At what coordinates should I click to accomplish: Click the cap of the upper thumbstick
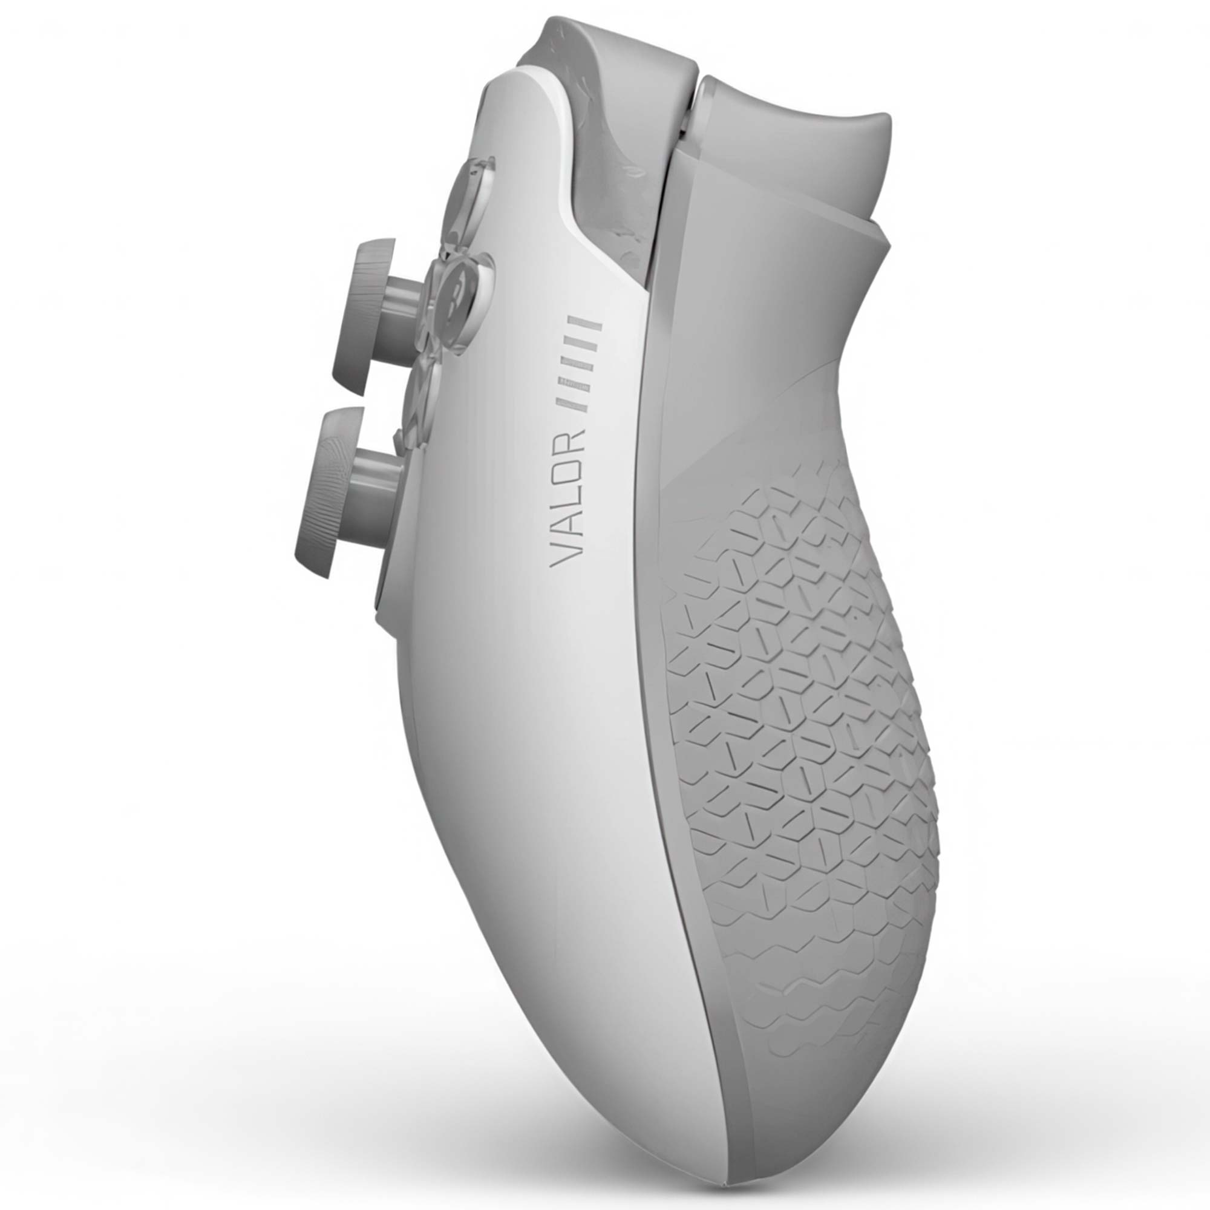(x=370, y=316)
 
